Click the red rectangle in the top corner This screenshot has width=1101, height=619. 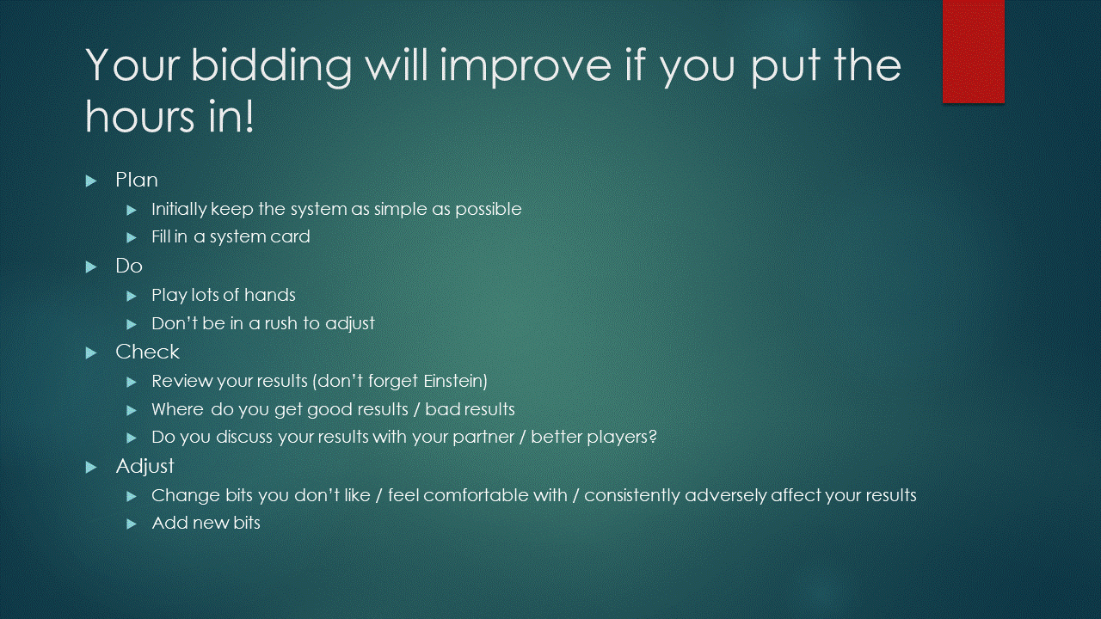tap(973, 51)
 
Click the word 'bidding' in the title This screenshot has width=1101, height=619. tap(271, 67)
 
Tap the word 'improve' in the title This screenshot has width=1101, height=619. tap(528, 67)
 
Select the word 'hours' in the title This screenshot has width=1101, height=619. tap(139, 116)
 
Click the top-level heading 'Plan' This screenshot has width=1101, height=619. tap(137, 180)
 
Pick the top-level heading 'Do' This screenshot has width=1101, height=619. tap(129, 266)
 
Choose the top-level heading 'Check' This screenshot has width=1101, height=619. tap(147, 352)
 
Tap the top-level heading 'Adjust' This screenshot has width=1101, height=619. tap(145, 467)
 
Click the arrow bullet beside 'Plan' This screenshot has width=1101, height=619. tap(91, 181)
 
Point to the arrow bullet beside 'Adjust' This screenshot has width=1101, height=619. tap(91, 467)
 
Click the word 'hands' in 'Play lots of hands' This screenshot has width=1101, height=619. tap(270, 295)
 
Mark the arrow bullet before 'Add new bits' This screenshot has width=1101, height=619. tap(132, 524)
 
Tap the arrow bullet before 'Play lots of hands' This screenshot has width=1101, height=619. tap(132, 297)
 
